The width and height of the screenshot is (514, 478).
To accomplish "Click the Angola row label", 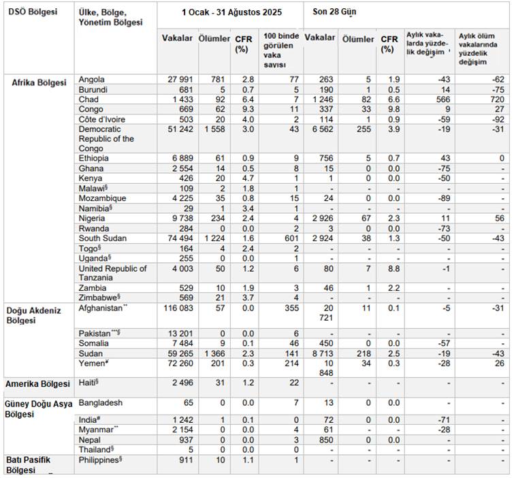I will coord(92,80).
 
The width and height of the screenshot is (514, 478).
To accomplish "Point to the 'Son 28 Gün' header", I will coord(340,12).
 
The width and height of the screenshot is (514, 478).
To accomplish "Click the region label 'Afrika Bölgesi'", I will coord(39,83).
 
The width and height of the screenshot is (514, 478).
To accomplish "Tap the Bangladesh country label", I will coord(100,403).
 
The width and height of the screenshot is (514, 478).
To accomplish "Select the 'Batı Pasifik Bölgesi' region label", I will coord(30,465).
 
